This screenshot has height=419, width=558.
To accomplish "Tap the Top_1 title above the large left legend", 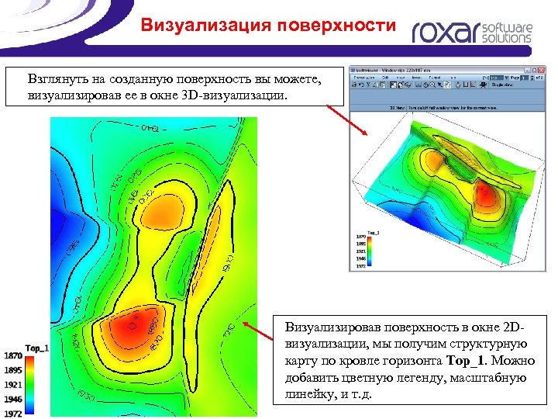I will point(36,348).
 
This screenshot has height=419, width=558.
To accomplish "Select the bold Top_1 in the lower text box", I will point(465,361).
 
